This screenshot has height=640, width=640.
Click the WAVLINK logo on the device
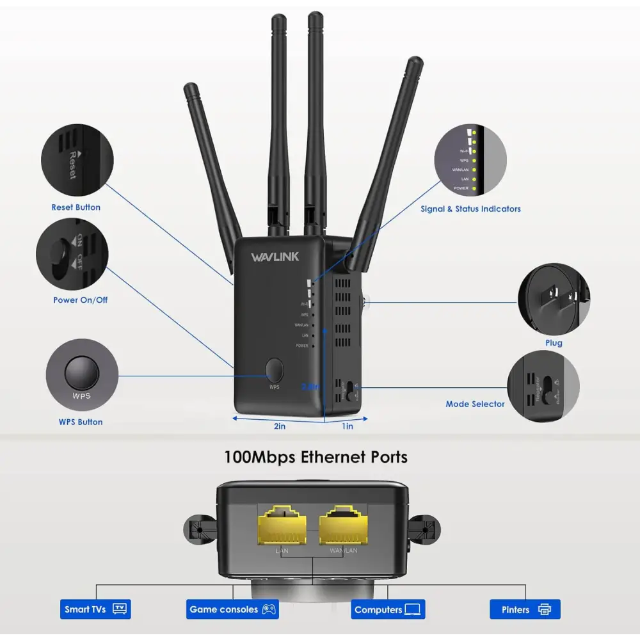[x=275, y=257]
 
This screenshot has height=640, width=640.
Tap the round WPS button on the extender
[x=274, y=369]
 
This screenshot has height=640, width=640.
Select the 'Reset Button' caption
[x=76, y=207]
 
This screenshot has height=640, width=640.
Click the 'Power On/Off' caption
[x=81, y=300]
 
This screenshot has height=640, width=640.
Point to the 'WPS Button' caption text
[x=81, y=422]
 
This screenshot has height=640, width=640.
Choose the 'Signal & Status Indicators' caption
[x=470, y=209]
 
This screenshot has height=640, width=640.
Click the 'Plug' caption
[x=554, y=342]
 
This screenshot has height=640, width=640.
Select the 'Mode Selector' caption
[x=475, y=404]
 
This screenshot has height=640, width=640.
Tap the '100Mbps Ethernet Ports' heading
[x=316, y=457]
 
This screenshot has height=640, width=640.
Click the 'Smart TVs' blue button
[x=95, y=609]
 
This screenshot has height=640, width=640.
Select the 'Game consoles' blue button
[x=232, y=609]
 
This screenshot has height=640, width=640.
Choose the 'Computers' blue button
[x=388, y=609]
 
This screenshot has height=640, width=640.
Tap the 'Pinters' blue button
[x=525, y=609]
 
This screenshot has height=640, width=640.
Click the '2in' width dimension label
[x=280, y=426]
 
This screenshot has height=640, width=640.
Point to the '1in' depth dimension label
[x=348, y=426]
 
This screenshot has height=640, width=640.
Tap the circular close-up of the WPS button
[x=82, y=374]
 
